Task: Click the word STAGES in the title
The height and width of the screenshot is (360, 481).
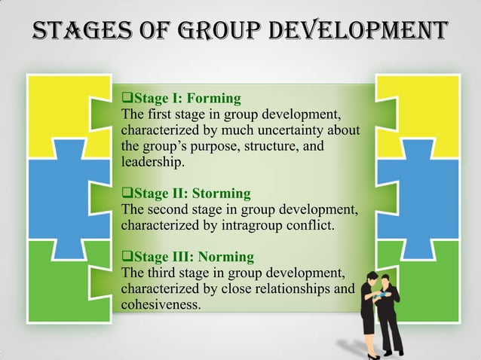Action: coord(69,31)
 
